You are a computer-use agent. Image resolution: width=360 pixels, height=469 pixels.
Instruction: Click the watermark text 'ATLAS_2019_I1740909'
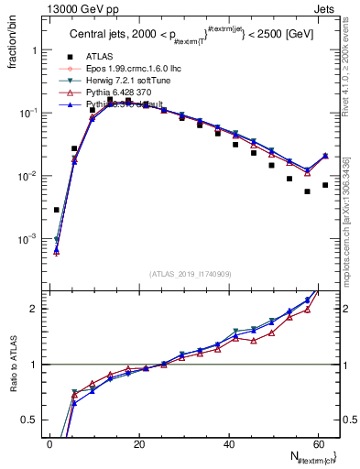[190, 274]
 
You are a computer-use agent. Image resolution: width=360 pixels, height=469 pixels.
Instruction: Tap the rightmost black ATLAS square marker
[325, 185]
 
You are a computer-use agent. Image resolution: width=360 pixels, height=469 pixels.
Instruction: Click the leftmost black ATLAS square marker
[57, 210]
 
